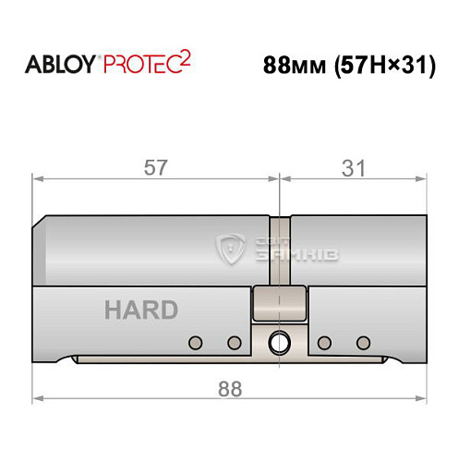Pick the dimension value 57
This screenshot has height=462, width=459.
[156, 168]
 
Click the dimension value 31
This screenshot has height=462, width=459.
[354, 168]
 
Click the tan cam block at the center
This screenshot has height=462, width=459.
[278, 302]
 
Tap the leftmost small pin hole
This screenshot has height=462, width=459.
[194, 344]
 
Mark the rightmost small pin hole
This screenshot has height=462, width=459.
[363, 344]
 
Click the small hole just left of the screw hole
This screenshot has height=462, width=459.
[234, 344]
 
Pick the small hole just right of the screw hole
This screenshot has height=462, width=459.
[323, 344]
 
